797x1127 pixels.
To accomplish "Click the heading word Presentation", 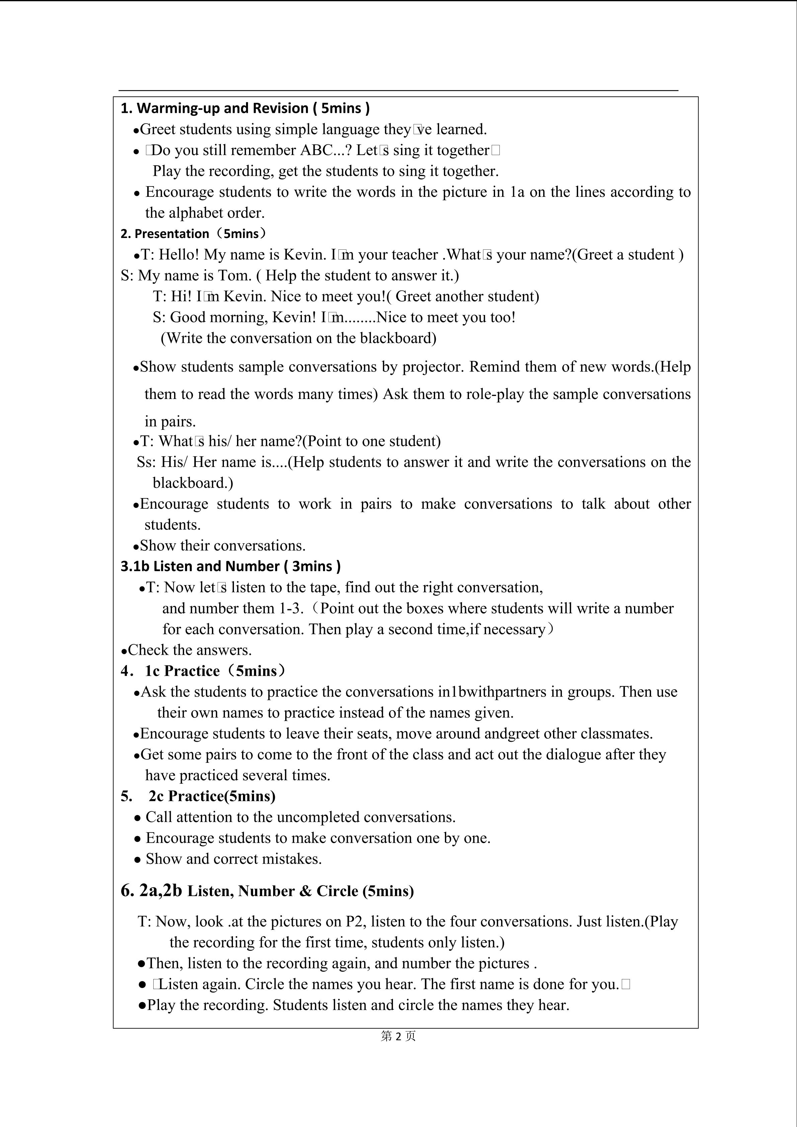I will coord(172,234).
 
